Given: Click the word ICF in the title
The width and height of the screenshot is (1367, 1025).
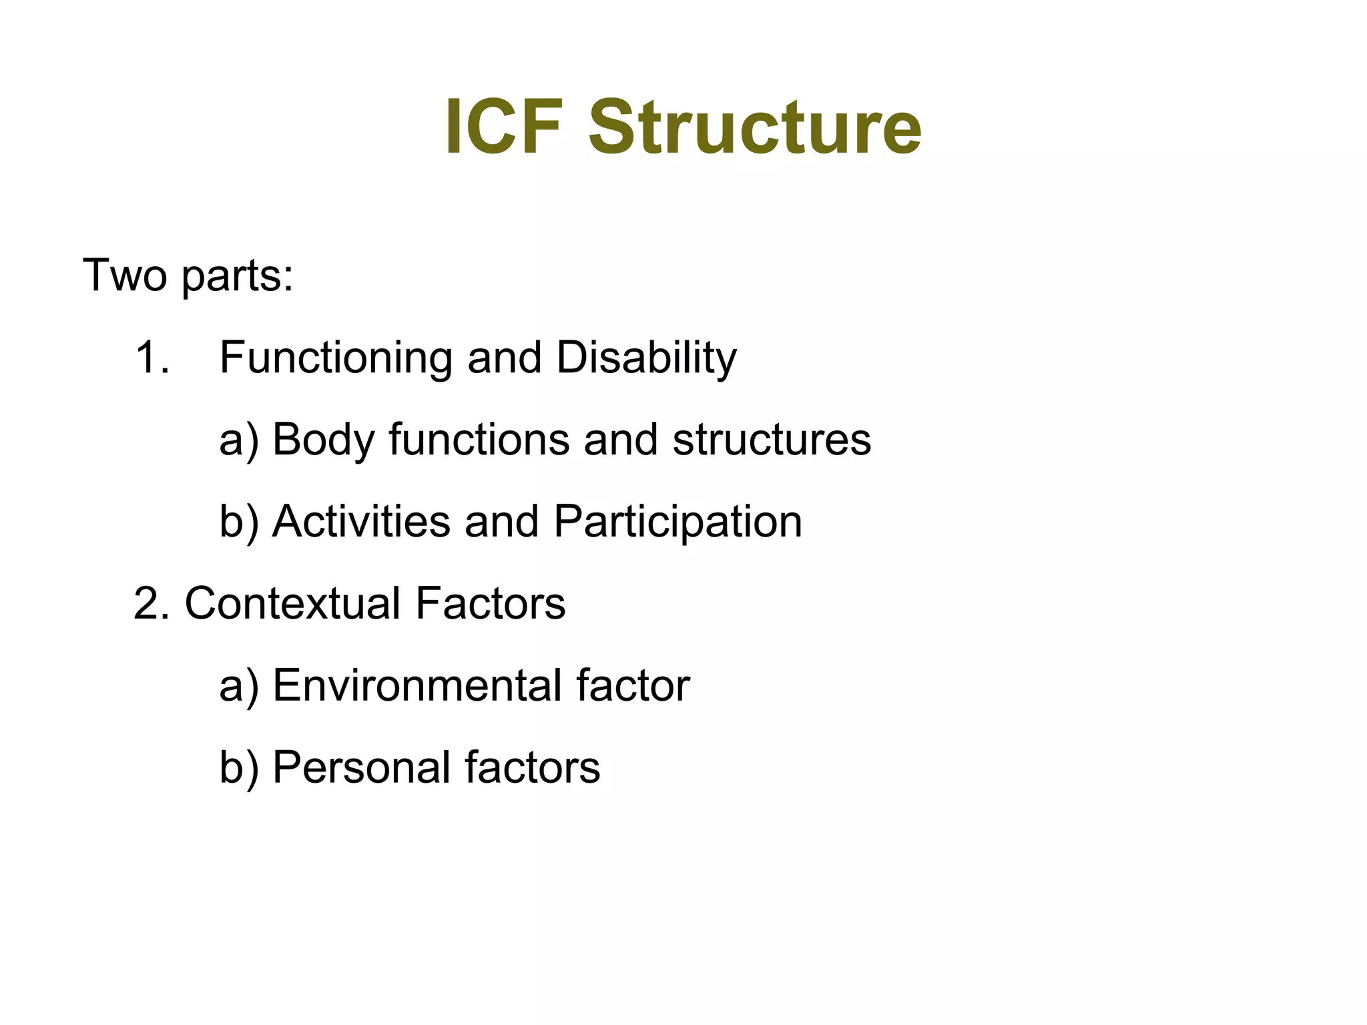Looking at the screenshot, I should [x=503, y=127].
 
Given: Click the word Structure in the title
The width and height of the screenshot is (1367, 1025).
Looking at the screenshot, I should [x=755, y=127].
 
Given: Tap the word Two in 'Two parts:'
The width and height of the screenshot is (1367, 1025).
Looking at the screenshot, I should [x=124, y=275].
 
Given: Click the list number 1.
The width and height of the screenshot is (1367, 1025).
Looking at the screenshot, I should [x=151, y=358].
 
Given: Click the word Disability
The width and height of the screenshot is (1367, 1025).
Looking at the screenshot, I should [x=646, y=359].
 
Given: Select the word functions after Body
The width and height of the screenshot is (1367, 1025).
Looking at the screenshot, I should [x=479, y=440].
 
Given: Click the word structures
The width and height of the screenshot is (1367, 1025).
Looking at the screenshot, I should [x=772, y=440].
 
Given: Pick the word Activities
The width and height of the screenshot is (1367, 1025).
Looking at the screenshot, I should [x=361, y=522].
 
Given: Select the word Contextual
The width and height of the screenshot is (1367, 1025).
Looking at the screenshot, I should [x=292, y=604].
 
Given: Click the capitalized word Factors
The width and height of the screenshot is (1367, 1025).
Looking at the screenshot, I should [x=490, y=604].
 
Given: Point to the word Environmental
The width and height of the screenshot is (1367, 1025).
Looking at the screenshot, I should [x=417, y=686].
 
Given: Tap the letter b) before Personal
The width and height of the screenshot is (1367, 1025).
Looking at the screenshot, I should [x=238, y=767].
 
